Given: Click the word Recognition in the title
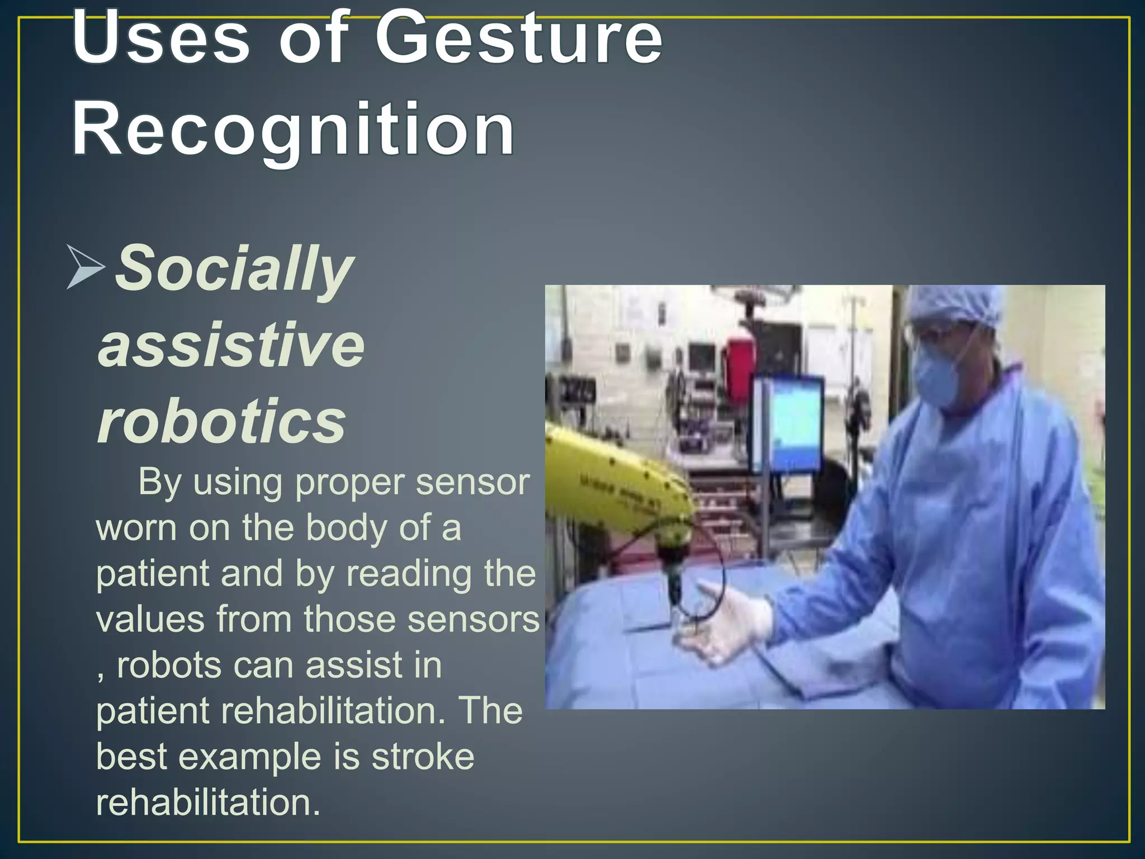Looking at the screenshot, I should (x=293, y=130).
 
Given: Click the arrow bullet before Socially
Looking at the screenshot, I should (x=85, y=267).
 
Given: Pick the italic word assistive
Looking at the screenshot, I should (x=231, y=345).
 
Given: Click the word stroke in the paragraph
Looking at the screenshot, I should (x=423, y=757).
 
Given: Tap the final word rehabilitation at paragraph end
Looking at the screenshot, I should (x=208, y=803).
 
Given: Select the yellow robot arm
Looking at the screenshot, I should (x=609, y=481).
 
